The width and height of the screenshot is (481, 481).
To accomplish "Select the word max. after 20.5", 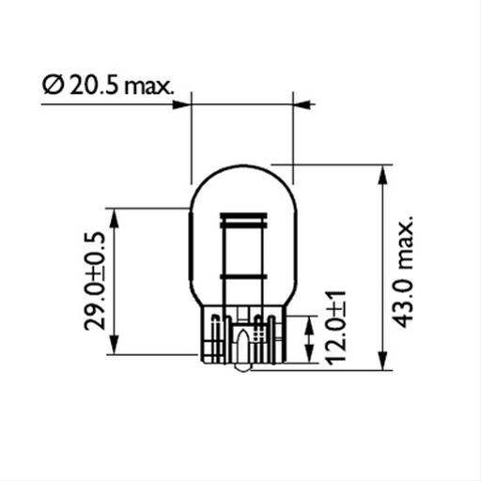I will click(x=148, y=86).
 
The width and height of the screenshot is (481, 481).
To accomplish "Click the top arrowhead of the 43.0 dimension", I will click(x=383, y=175).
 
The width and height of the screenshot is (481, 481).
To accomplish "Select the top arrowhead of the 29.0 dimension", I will click(x=115, y=217).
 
